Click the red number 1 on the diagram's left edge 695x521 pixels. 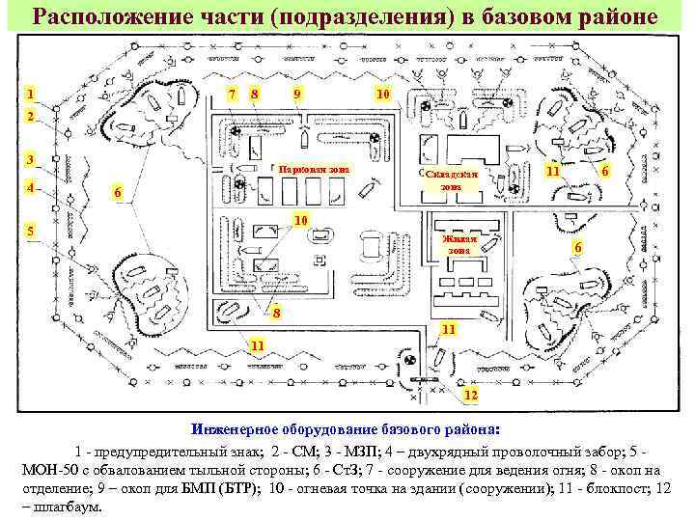pyautogui.click(x=31, y=95)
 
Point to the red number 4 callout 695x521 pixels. pyautogui.click(x=31, y=186)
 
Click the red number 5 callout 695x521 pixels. pyautogui.click(x=31, y=232)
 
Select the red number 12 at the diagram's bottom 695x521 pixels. pyautogui.click(x=470, y=397)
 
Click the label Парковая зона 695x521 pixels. pyautogui.click(x=314, y=170)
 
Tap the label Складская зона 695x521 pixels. pyautogui.click(x=453, y=180)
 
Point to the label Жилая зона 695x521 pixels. pyautogui.click(x=458, y=244)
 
